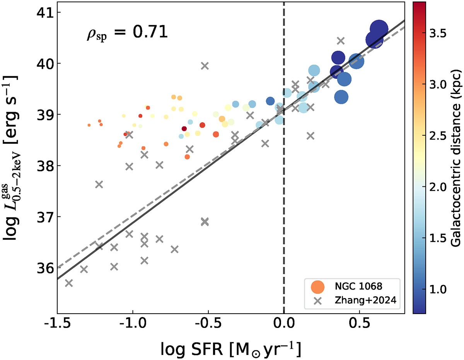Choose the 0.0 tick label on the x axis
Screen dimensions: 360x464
[x=284, y=324]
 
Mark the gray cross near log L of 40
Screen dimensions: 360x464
[x=205, y=66]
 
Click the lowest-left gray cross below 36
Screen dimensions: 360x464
[x=69, y=283]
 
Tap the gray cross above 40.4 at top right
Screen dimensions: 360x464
[x=341, y=40]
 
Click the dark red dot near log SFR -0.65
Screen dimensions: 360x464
[x=184, y=128]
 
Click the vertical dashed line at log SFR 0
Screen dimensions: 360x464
[x=284, y=193]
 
